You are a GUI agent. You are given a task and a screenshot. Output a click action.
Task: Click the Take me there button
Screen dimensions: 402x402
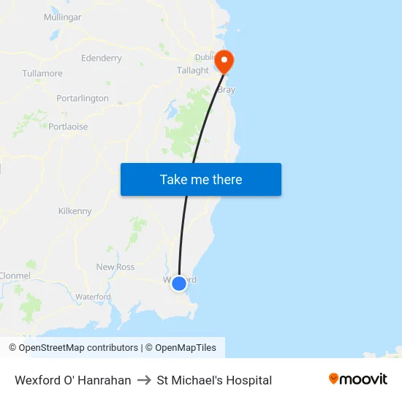click(200, 180)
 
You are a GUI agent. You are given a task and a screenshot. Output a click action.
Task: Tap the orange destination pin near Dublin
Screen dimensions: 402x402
click(224, 60)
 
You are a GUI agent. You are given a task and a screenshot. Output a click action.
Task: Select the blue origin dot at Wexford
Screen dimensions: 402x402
click(179, 283)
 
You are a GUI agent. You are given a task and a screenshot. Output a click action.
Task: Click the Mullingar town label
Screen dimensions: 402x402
click(62, 17)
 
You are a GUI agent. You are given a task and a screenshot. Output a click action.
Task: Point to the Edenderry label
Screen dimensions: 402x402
click(102, 58)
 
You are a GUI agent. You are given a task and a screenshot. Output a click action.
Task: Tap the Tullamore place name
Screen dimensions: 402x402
click(42, 74)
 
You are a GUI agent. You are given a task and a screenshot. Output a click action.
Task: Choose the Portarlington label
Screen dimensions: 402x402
click(83, 98)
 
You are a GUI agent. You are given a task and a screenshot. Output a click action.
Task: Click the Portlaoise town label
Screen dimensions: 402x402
click(68, 126)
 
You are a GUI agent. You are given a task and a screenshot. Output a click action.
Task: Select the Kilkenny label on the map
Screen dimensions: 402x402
click(75, 211)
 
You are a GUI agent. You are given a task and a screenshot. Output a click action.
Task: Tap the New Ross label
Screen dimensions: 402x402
click(115, 267)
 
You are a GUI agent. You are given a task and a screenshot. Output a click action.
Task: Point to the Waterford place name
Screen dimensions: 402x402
click(94, 297)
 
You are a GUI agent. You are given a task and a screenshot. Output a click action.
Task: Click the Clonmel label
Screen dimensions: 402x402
click(15, 276)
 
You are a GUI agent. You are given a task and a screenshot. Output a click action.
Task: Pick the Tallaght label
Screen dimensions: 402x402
click(193, 71)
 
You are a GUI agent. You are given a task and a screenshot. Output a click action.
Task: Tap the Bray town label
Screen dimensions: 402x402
click(227, 90)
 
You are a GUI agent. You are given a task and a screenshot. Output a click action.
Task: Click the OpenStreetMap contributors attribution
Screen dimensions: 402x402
click(73, 348)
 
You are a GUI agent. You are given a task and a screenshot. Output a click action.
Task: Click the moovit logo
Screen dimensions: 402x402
click(358, 379)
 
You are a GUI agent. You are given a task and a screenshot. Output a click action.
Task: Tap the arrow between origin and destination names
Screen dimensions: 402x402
click(144, 380)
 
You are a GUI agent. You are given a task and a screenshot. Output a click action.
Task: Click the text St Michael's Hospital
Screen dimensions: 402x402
click(214, 380)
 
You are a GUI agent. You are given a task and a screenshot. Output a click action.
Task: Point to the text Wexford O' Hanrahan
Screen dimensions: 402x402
click(73, 380)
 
